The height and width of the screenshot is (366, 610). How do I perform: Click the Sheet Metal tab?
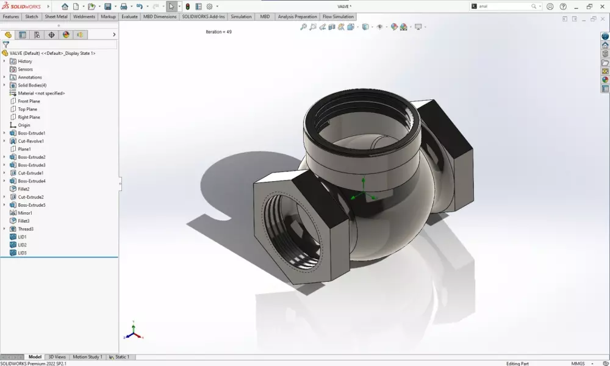tap(56, 16)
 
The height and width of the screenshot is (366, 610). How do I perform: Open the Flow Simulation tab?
tap(337, 16)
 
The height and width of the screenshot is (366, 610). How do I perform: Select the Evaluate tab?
tap(129, 16)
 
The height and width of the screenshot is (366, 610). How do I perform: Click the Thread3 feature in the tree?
tap(26, 229)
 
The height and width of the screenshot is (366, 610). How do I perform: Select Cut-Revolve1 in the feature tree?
tap(30, 141)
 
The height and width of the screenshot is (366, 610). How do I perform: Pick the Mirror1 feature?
tap(25, 213)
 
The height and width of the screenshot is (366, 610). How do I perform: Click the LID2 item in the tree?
tap(22, 245)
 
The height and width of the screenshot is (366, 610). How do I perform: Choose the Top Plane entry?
tap(28, 109)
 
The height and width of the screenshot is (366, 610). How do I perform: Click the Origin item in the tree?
tap(24, 125)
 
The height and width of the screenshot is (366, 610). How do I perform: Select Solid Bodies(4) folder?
tap(32, 85)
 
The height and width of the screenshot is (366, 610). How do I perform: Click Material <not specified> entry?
tap(41, 93)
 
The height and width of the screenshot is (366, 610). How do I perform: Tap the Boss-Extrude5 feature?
tap(32, 205)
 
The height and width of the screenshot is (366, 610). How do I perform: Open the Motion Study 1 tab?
tap(88, 357)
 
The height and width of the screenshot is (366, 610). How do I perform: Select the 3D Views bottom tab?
tap(57, 357)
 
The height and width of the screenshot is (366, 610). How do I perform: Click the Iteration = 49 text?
tap(218, 32)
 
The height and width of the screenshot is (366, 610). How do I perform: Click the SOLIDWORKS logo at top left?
tap(21, 6)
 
